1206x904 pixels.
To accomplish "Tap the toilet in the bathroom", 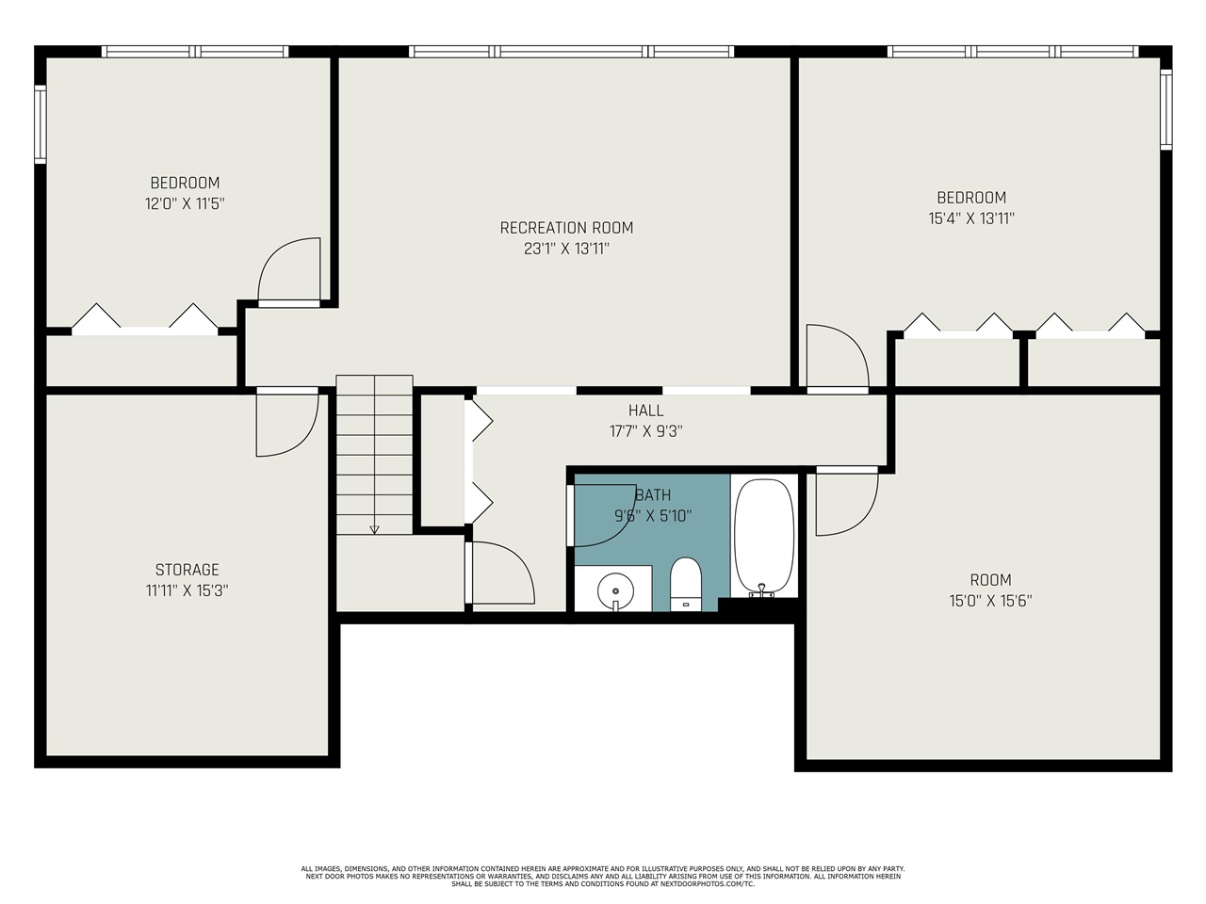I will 686,584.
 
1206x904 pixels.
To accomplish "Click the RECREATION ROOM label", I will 566,228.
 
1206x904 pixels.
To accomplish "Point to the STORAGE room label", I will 187,570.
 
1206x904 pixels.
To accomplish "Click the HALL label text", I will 645,411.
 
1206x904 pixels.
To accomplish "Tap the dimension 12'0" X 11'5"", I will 185,203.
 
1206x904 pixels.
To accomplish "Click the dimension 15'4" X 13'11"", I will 970,218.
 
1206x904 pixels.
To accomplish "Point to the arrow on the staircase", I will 374,528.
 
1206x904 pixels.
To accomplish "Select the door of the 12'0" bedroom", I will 289,272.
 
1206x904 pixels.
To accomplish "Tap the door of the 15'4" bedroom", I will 836,358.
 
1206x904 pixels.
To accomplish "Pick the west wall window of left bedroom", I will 41,123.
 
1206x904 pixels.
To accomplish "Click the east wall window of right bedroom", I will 1165,110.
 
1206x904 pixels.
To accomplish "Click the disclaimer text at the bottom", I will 603,876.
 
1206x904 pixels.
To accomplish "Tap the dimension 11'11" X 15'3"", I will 187,591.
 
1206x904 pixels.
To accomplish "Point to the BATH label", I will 653,495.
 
